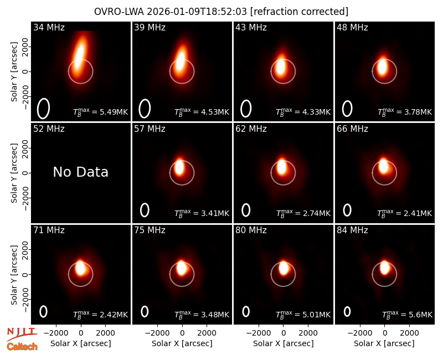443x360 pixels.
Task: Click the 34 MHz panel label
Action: point(49,27)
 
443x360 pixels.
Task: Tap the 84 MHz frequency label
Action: point(352,230)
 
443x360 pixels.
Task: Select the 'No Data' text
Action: point(80,172)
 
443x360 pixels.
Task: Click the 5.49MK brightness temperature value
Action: point(101,112)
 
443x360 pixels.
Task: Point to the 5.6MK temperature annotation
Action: point(407,315)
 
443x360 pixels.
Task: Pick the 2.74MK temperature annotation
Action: point(303,213)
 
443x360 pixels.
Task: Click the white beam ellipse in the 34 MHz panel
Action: point(44,109)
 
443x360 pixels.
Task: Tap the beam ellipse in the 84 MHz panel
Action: point(347,311)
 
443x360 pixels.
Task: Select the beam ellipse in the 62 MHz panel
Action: point(246,210)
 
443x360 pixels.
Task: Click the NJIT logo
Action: point(22,334)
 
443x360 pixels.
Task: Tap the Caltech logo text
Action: point(22,347)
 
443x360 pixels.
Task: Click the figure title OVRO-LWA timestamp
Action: point(221,12)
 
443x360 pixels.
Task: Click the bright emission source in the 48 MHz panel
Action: point(382,67)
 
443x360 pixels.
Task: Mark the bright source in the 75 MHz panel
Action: point(182,268)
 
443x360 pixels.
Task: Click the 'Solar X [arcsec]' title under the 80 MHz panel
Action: point(283,343)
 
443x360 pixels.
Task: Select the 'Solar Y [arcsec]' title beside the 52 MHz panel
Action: point(14,173)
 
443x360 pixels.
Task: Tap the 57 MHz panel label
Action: point(150,129)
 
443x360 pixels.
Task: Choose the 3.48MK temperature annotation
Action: point(202,315)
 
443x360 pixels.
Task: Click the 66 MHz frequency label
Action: point(352,129)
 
